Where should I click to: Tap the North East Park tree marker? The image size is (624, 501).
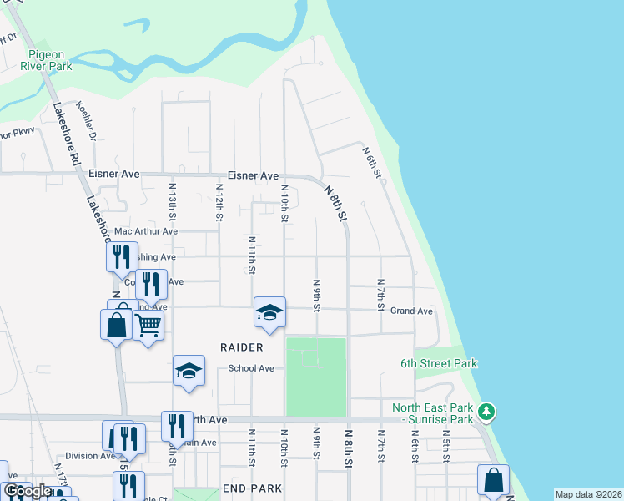(x=488, y=412)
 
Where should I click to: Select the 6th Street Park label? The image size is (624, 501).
(x=439, y=363)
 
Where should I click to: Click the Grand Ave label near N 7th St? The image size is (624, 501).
(x=412, y=311)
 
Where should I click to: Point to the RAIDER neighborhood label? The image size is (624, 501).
(x=242, y=347)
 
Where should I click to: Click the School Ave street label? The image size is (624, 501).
(x=251, y=368)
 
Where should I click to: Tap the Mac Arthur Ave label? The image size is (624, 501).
(x=146, y=231)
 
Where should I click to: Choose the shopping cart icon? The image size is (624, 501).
(x=148, y=324)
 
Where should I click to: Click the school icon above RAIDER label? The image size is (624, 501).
(x=269, y=313)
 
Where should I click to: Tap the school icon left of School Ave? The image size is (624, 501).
(x=189, y=371)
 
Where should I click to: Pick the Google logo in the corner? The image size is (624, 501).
(x=28, y=491)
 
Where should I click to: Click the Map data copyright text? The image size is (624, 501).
(x=588, y=494)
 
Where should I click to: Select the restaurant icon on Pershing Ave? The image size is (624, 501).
(x=122, y=256)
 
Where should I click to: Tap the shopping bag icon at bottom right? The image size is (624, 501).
(x=493, y=481)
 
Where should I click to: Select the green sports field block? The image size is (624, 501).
(x=316, y=376)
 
